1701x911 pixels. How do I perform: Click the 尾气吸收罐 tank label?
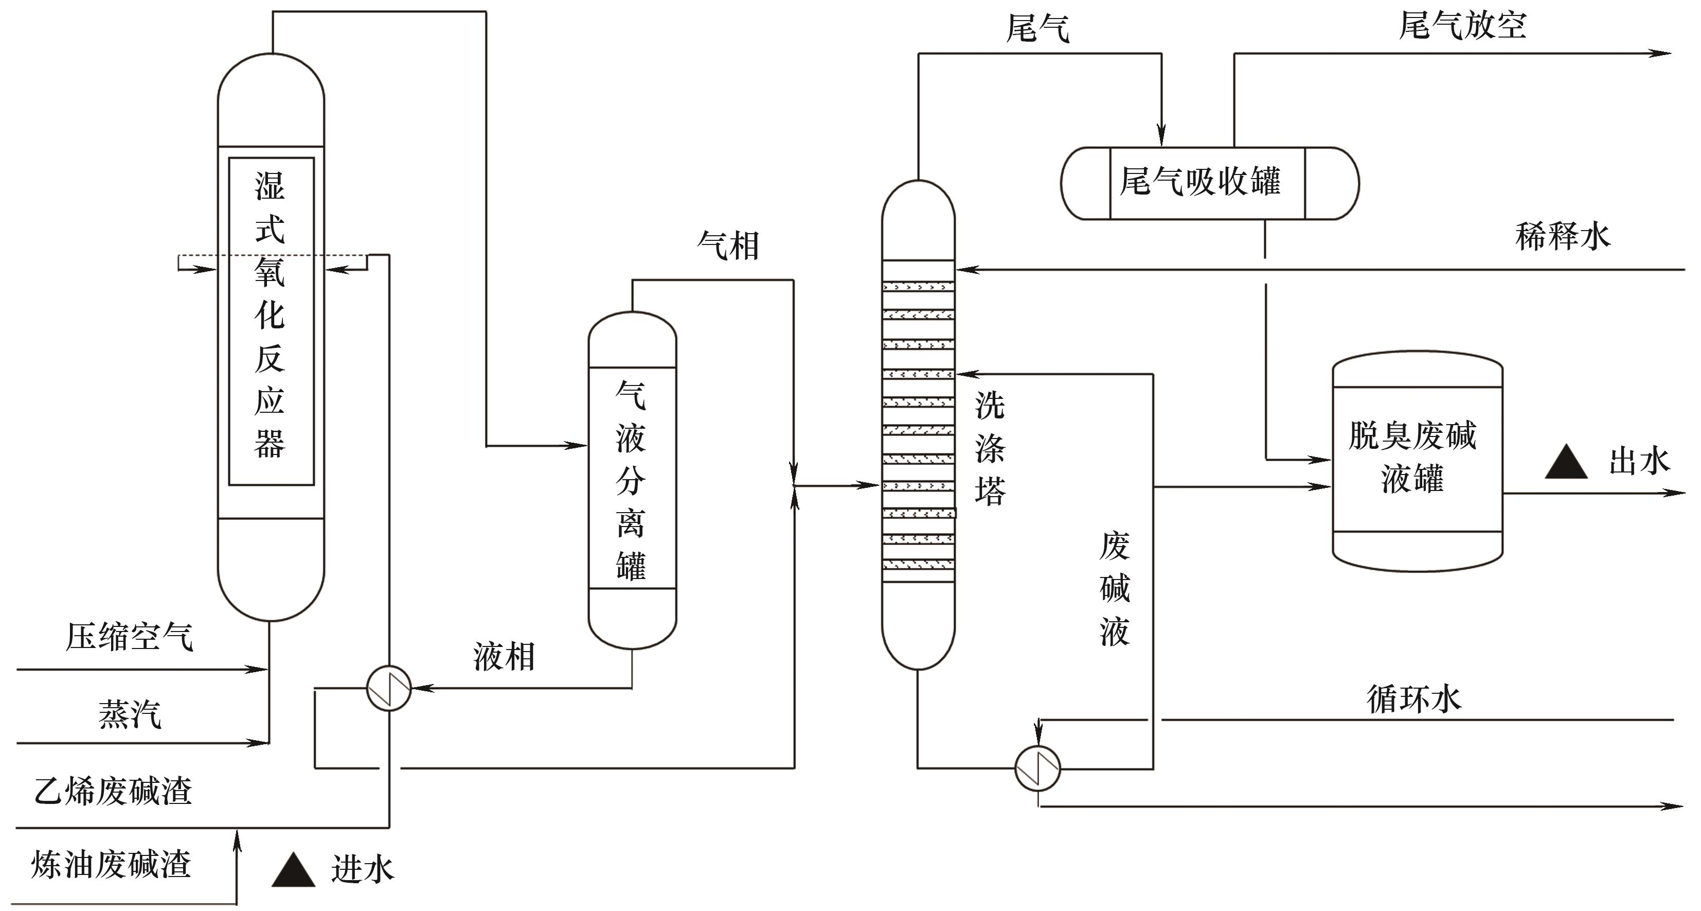(x=1201, y=182)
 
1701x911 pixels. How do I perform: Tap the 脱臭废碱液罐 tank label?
(x=1412, y=457)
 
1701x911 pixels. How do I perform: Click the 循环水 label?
(x=1414, y=699)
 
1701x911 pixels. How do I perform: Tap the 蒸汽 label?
(x=130, y=715)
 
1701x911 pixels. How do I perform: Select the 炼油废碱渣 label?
(x=111, y=865)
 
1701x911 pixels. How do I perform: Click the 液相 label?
(x=504, y=657)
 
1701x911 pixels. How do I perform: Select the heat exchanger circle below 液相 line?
(x=389, y=688)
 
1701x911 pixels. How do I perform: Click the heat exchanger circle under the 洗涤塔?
(x=1037, y=768)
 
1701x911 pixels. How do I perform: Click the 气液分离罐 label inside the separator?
(x=631, y=481)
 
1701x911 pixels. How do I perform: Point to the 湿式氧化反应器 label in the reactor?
(x=270, y=314)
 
